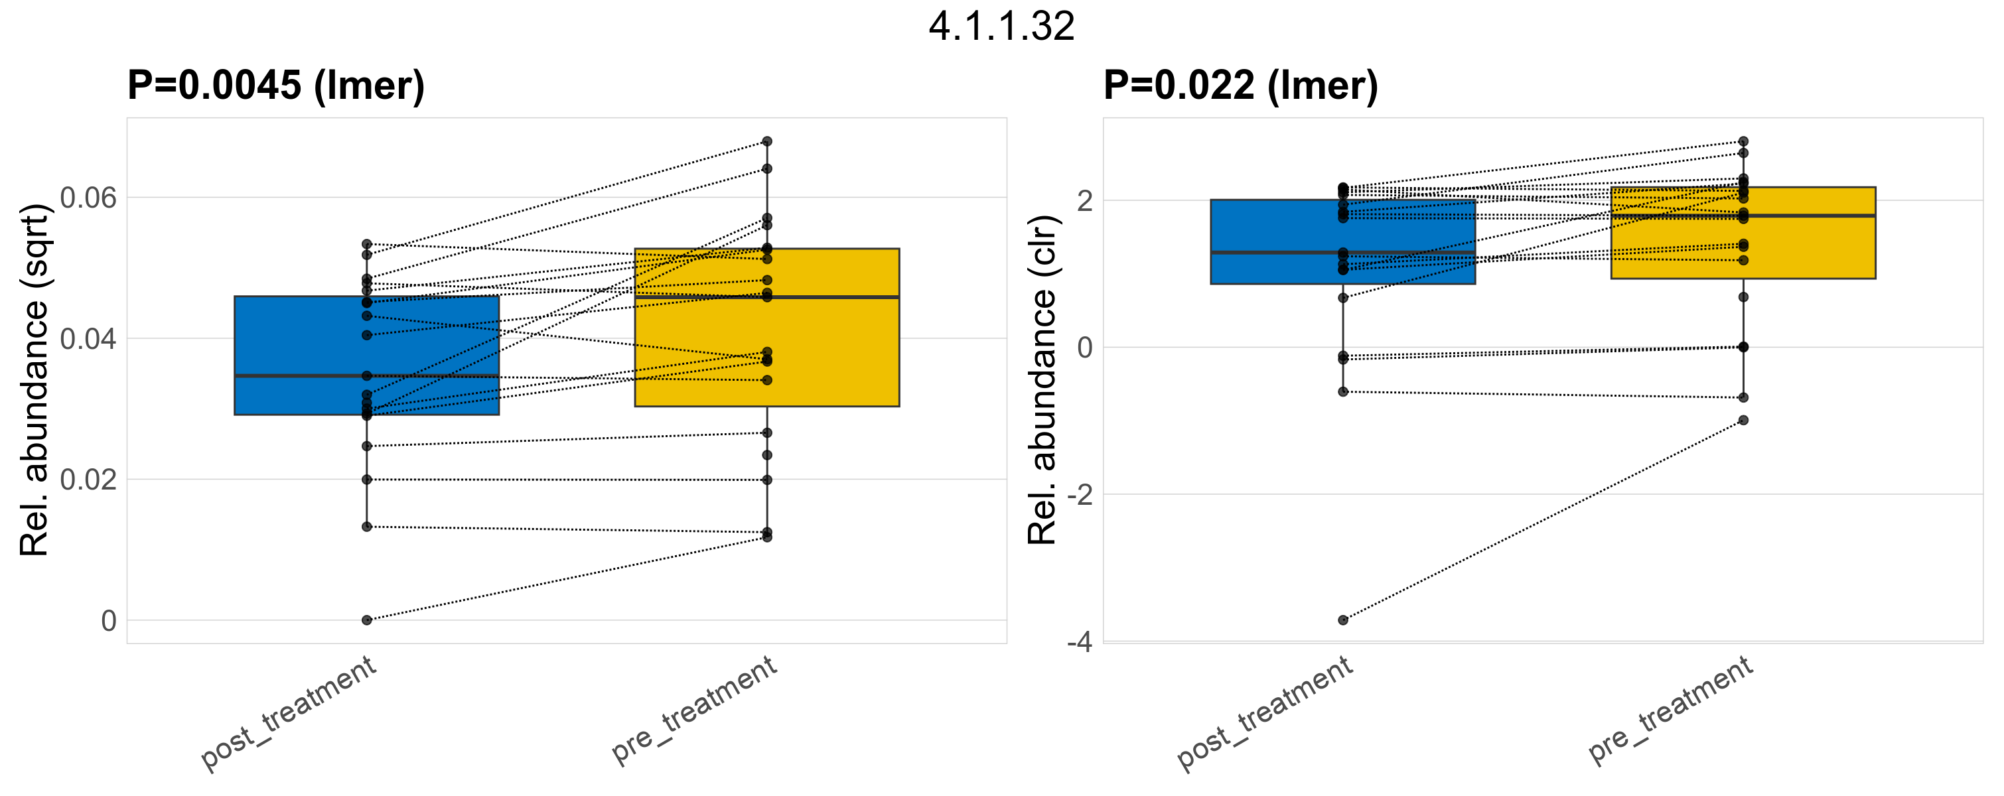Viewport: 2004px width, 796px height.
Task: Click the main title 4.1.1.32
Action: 1001,27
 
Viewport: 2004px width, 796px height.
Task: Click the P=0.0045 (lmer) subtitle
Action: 276,85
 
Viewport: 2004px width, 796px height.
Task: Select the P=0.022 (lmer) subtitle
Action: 1240,85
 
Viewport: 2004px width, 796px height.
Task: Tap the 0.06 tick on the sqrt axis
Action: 88,198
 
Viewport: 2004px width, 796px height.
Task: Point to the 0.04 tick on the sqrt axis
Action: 88,339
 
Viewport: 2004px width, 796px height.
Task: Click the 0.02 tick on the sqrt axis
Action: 88,480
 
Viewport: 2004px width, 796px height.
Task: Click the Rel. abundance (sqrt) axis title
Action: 35,380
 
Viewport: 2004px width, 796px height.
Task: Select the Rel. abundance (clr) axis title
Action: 1042,380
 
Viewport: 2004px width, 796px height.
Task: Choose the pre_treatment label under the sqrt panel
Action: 694,710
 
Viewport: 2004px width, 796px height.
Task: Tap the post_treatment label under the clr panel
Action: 1265,714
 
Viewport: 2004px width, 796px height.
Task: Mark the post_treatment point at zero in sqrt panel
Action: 366,620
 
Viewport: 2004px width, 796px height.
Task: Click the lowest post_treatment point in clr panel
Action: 1342,620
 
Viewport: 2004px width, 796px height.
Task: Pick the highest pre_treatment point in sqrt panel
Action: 767,141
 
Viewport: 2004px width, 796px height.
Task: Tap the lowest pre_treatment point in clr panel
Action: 1743,421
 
